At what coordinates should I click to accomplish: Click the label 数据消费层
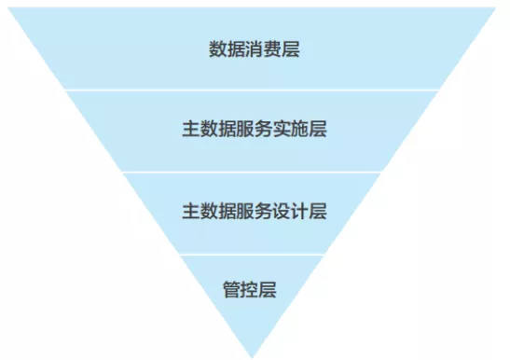pyautogui.click(x=255, y=48)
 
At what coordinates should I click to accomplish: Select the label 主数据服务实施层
pyautogui.click(x=255, y=130)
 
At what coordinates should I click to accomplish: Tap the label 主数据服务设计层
pyautogui.click(x=255, y=211)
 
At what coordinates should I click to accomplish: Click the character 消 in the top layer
pyautogui.click(x=255, y=48)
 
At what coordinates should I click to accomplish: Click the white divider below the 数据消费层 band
pyautogui.click(x=255, y=90)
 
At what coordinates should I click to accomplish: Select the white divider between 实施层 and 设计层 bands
pyautogui.click(x=255, y=172)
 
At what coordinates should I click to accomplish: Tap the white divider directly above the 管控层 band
pyautogui.click(x=254, y=254)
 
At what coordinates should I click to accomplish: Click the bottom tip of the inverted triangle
pyautogui.click(x=254, y=355)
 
